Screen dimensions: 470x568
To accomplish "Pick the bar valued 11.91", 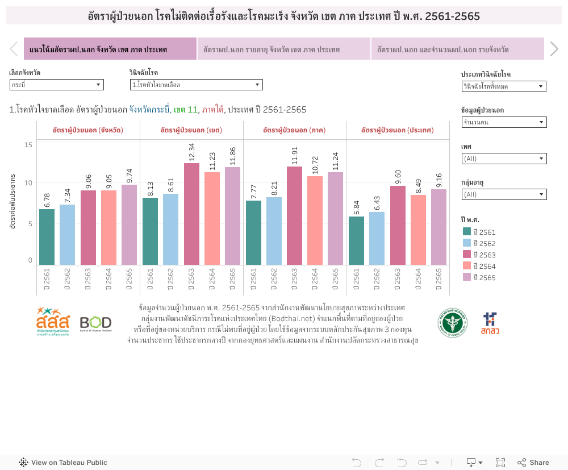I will pos(295,215).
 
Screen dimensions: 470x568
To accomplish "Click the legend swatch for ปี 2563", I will pos(467,254).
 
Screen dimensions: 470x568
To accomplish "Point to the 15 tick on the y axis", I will pos(28,145).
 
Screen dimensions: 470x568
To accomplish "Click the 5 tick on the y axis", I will pos(30,223).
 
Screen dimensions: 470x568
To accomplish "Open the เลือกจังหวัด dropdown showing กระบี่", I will pos(56,85).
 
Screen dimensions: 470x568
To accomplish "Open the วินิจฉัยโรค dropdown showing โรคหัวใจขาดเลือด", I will pos(196,85).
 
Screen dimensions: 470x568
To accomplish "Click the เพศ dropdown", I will pos(504,159).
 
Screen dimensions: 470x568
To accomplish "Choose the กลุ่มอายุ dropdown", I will pos(504,194).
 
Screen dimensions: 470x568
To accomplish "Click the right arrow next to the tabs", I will pos(554,49).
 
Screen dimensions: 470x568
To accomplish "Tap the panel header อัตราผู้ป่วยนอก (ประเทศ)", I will pos(398,130).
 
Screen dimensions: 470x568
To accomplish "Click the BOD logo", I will pos(95,323).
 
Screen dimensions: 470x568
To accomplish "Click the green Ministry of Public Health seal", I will pos(453,323).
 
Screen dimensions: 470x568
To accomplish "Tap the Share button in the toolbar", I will pos(533,463).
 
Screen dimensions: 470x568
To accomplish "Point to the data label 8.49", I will pos(418,186).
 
